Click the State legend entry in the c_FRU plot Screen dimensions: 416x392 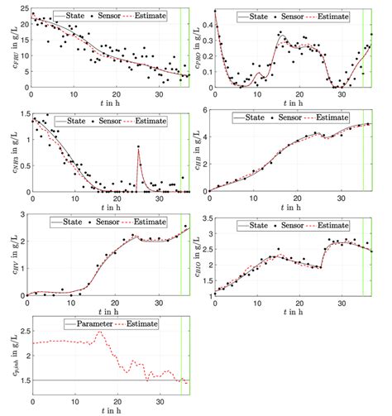click(x=77, y=16)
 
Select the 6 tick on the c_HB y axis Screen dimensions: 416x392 click(x=206, y=111)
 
